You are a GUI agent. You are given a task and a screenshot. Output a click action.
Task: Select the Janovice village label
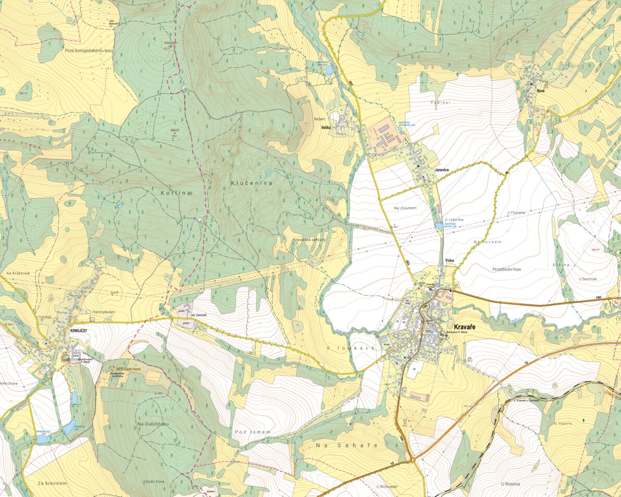[x=442, y=170]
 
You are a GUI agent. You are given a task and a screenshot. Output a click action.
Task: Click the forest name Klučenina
[x=251, y=183]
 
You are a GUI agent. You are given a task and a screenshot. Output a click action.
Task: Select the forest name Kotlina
[x=177, y=193]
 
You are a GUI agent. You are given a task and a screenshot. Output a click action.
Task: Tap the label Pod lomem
[x=253, y=432]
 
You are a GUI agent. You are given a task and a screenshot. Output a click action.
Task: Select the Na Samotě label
[x=199, y=316]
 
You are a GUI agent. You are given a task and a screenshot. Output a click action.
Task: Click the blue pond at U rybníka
[x=438, y=226]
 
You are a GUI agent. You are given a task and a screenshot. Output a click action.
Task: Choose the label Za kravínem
[x=52, y=483]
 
